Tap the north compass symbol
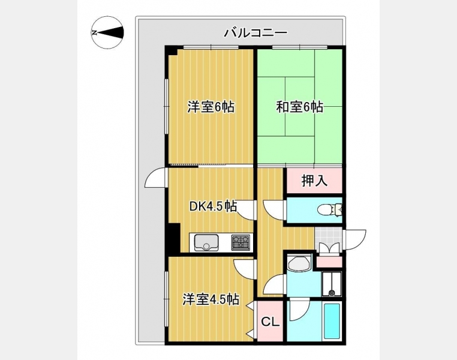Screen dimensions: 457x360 pyautogui.click(x=107, y=32)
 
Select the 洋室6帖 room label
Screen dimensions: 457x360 pyautogui.click(x=211, y=107)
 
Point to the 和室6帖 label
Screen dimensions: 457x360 pyautogui.click(x=299, y=107)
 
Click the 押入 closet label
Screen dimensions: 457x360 pyautogui.click(x=314, y=181)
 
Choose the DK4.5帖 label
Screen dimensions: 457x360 pyautogui.click(x=213, y=206)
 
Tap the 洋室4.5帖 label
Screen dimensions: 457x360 pyautogui.click(x=211, y=299)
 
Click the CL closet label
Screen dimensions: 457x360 pyautogui.click(x=270, y=322)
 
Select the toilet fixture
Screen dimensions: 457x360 pyautogui.click(x=330, y=210)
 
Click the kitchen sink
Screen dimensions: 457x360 pyautogui.click(x=206, y=242)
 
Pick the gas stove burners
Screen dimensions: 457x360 pyautogui.click(x=240, y=242)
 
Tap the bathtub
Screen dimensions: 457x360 pyautogui.click(x=332, y=321)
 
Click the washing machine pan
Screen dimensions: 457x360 pyautogui.click(x=332, y=284)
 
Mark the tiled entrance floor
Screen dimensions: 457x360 pyautogui.click(x=328, y=238)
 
